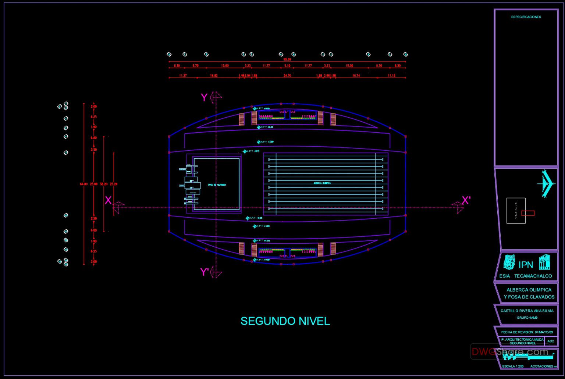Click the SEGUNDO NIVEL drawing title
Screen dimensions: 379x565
coord(285,321)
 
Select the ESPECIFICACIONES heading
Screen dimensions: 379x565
coord(526,17)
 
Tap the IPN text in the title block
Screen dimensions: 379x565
coord(526,265)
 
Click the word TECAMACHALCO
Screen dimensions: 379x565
coord(533,276)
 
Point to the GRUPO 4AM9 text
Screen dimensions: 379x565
coord(527,318)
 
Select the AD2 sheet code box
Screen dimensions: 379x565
coord(551,341)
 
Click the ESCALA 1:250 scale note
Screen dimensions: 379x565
coord(513,366)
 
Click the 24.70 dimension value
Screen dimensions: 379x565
coord(287,76)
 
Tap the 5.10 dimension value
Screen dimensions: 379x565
coord(287,66)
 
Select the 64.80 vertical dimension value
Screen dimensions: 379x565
coord(84,184)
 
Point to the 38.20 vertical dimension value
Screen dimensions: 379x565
coord(104,184)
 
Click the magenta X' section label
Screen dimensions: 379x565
coord(466,200)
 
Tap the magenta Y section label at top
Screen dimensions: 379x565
coord(204,97)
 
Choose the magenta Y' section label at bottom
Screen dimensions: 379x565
coord(205,272)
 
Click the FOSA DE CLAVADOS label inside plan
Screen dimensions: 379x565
coord(217,185)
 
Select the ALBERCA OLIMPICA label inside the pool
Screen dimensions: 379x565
coord(322,183)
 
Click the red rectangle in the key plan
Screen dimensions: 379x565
coord(527,213)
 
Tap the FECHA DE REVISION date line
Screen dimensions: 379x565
coord(527,332)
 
